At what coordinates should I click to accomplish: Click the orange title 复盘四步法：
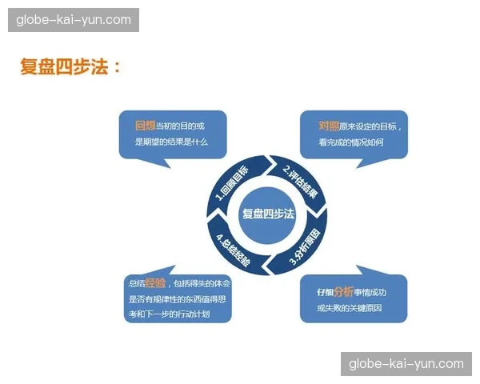click(70, 66)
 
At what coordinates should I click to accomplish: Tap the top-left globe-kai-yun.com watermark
click(74, 20)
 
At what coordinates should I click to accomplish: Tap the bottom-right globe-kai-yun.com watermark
click(406, 364)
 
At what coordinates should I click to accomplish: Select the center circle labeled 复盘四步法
click(267, 215)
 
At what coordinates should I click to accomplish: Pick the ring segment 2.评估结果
click(300, 183)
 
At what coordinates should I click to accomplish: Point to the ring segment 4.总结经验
click(234, 249)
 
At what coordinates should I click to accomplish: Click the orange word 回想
click(145, 126)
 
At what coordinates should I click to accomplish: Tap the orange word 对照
click(329, 126)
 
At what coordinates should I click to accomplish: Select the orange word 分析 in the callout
click(343, 292)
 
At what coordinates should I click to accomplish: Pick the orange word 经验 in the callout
click(155, 283)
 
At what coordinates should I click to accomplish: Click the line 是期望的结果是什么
click(171, 142)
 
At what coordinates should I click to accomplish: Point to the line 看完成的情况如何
click(351, 142)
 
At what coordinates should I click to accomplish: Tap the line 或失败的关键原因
click(350, 308)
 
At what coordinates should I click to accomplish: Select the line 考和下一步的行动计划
click(170, 314)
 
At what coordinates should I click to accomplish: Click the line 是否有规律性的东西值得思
click(178, 299)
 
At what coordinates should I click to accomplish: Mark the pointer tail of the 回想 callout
click(159, 163)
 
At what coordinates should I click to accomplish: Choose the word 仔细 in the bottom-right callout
click(325, 293)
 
